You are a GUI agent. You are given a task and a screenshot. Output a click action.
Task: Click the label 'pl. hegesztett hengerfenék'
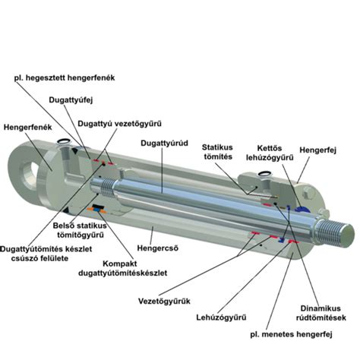coord(65,77)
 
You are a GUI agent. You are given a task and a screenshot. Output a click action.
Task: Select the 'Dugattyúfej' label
coord(71,100)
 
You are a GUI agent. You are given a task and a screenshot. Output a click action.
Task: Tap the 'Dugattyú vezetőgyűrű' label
coord(119,124)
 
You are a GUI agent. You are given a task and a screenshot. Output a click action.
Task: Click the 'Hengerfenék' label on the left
coord(27,127)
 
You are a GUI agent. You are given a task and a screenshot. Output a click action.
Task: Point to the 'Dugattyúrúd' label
coord(165,144)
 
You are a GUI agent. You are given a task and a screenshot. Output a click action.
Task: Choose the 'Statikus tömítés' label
coord(217,152)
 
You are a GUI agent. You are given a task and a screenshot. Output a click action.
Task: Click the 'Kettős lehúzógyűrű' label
coord(270,153)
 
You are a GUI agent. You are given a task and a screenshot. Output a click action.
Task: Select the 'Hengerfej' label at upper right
coord(318,150)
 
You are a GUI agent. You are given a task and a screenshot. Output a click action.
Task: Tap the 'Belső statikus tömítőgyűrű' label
coord(80,230)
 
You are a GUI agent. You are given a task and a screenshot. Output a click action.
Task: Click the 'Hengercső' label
coord(158,248)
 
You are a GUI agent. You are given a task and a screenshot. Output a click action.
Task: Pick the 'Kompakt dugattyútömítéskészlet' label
coord(123,268)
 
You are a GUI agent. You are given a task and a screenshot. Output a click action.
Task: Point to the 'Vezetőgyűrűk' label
coord(164,302)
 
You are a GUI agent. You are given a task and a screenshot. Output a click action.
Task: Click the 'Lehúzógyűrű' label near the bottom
coord(221,317)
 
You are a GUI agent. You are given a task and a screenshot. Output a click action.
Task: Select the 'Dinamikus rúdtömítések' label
coord(321,313)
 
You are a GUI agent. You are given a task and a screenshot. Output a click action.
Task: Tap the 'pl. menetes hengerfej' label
coord(291,334)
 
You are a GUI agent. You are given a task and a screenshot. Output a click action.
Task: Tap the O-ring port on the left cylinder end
coord(63,141)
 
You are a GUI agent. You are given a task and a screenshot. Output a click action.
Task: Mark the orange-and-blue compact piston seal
coord(96,208)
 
